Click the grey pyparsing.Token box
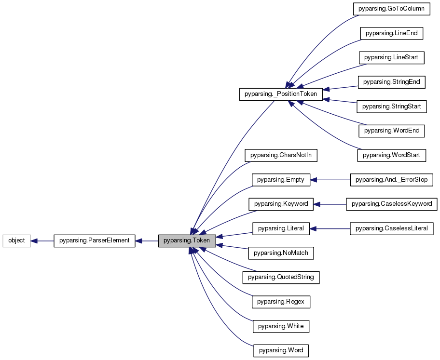click(187, 240)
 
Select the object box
click(17, 240)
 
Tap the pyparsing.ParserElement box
click(95, 240)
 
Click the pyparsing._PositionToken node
click(281, 94)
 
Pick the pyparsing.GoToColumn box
click(391, 9)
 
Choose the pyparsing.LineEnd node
click(391, 33)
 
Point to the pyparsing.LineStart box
click(391, 58)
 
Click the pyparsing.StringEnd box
click(391, 82)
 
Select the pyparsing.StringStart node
click(391, 106)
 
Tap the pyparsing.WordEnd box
click(391, 131)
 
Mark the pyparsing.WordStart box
click(391, 155)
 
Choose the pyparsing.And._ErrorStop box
click(392, 180)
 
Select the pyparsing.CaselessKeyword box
click(391, 204)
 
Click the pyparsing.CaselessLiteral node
click(391, 228)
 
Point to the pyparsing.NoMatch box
click(281, 253)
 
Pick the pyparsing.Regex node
click(281, 302)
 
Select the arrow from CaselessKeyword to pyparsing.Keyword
click(330, 204)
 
